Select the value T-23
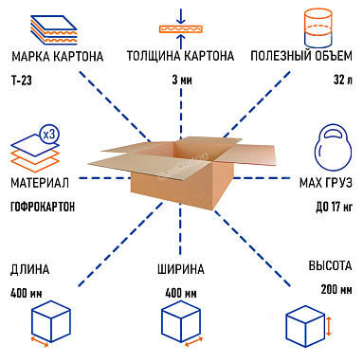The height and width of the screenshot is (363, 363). point(23,82)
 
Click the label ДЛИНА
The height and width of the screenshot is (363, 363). point(29,269)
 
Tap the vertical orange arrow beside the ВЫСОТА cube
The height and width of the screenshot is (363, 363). point(330,327)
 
